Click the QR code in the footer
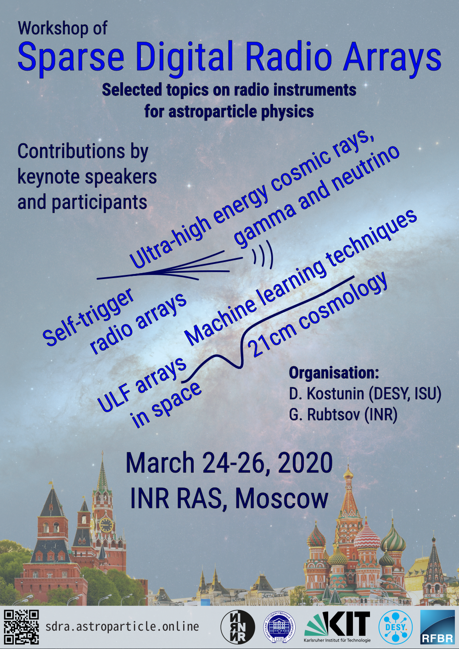click(21, 627)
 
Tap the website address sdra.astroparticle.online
click(122, 627)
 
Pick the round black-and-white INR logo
click(238, 627)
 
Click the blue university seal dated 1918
click(280, 627)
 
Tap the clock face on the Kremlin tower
click(106, 525)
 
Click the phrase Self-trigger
click(89, 317)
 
